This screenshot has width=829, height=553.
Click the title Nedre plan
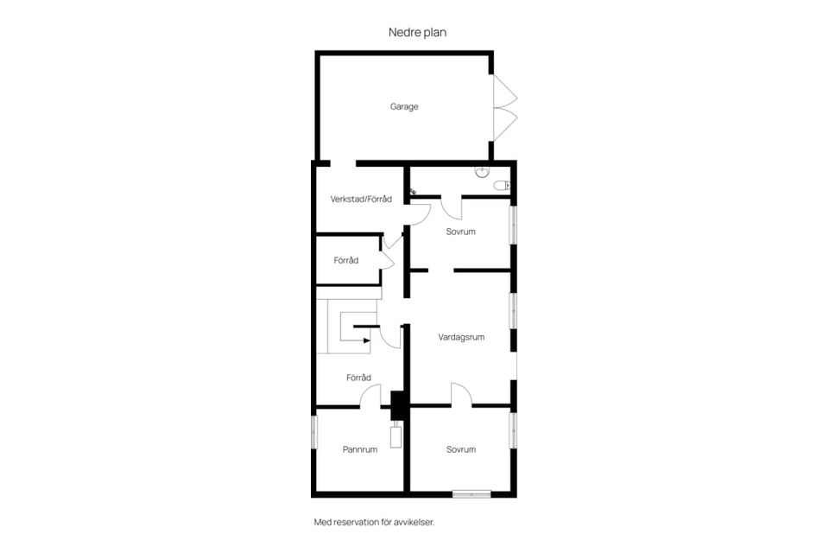pyautogui.click(x=417, y=32)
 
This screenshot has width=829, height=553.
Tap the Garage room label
pyautogui.click(x=404, y=107)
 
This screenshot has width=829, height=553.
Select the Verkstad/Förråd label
pyautogui.click(x=361, y=200)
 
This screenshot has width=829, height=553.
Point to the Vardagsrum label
pyautogui.click(x=461, y=337)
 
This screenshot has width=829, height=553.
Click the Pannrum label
pyautogui.click(x=360, y=450)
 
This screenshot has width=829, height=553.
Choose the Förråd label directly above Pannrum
pyautogui.click(x=358, y=378)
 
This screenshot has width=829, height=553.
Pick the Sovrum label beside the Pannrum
pyautogui.click(x=461, y=450)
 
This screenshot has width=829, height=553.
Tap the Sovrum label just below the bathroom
pyautogui.click(x=460, y=232)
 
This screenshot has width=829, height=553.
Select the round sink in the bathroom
pyautogui.click(x=482, y=171)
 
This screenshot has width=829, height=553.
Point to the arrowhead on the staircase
pyautogui.click(x=367, y=340)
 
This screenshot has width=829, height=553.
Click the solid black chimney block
pyautogui.click(x=397, y=405)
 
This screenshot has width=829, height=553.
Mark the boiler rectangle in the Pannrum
pyautogui.click(x=396, y=436)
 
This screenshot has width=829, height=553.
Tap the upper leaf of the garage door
pyautogui.click(x=505, y=92)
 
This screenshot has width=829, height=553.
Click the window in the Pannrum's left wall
pyautogui.click(x=314, y=432)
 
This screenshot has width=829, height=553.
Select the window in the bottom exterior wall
pyautogui.click(x=471, y=495)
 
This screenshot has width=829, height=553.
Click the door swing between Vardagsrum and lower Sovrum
pyautogui.click(x=461, y=392)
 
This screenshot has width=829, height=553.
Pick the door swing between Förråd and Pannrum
pyautogui.click(x=370, y=395)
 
